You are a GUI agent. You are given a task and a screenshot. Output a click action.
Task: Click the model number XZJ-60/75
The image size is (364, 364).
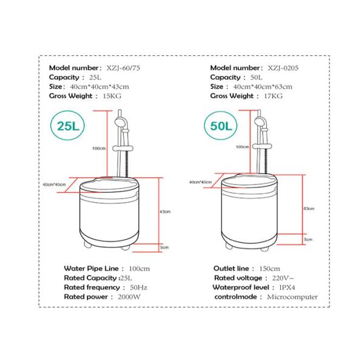click(128, 68)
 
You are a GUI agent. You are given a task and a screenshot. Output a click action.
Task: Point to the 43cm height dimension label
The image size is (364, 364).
click(164, 212)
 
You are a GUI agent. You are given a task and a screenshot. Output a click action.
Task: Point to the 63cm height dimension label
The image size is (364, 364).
click(309, 208)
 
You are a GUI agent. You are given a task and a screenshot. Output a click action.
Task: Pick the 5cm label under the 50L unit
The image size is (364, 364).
click(308, 240)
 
